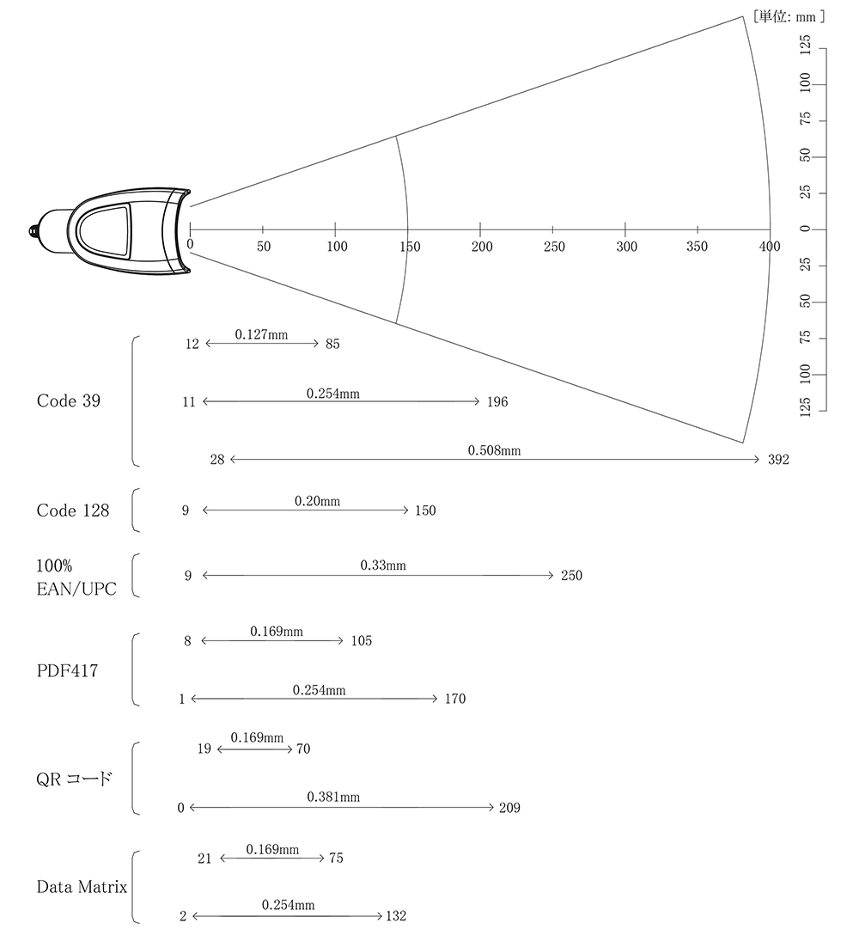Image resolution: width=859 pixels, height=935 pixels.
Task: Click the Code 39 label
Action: click(69, 400)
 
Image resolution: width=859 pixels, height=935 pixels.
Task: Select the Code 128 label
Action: click(73, 510)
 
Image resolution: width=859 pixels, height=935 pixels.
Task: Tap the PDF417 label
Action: click(67, 671)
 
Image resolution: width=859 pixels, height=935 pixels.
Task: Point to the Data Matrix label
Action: click(82, 887)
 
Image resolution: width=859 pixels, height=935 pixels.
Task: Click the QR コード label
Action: click(74, 779)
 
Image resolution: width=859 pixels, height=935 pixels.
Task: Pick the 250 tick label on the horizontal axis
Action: click(554, 247)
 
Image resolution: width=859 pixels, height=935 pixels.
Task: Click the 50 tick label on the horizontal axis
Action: click(264, 247)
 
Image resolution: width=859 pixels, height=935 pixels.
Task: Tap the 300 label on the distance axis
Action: click(626, 247)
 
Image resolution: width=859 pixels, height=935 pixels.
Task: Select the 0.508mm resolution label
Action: click(494, 450)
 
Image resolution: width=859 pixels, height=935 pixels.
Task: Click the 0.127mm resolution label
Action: click(261, 334)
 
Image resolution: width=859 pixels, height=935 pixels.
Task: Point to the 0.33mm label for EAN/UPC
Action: click(383, 565)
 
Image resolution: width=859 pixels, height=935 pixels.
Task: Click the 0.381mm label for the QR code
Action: click(333, 797)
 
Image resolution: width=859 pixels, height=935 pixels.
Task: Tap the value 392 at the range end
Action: click(778, 459)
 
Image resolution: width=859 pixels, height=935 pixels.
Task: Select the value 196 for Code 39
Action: click(497, 402)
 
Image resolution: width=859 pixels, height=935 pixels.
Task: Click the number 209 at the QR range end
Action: click(509, 808)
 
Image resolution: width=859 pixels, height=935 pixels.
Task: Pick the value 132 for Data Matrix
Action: click(396, 916)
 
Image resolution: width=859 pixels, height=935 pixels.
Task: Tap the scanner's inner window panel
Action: click(106, 231)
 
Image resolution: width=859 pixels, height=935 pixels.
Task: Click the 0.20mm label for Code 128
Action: click(317, 501)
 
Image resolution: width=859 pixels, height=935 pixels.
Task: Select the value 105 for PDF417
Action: click(362, 640)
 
